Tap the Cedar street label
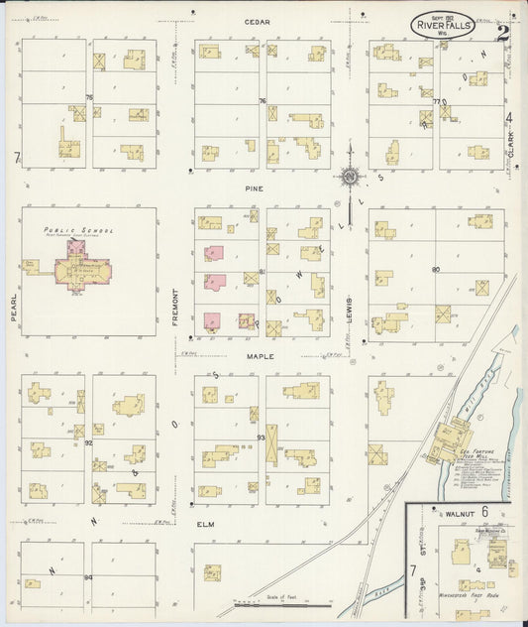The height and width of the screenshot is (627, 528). pyautogui.click(x=260, y=21)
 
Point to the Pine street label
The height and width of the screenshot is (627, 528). pyautogui.click(x=260, y=186)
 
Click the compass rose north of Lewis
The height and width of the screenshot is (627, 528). pyautogui.click(x=350, y=178)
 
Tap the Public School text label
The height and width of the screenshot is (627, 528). pyautogui.click(x=78, y=230)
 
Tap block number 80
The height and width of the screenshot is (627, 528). pyautogui.click(x=435, y=269)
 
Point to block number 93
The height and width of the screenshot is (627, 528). pyautogui.click(x=261, y=438)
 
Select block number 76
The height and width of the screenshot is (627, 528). pyautogui.click(x=263, y=101)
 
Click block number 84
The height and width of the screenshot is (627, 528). pyautogui.click(x=88, y=576)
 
